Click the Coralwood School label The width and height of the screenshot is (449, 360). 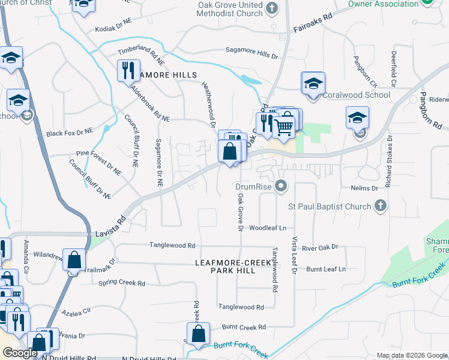point(357,95)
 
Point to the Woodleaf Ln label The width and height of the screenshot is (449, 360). point(268,228)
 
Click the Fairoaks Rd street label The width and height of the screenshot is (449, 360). point(313,25)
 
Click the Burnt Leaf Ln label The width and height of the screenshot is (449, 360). point(326,269)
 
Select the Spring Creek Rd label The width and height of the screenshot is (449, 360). point(122,283)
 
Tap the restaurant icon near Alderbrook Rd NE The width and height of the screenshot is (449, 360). point(128,71)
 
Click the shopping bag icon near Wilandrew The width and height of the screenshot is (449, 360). point(74,260)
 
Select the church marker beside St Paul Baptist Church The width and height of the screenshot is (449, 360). point(379,206)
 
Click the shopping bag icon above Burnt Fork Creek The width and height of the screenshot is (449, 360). point(197,333)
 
